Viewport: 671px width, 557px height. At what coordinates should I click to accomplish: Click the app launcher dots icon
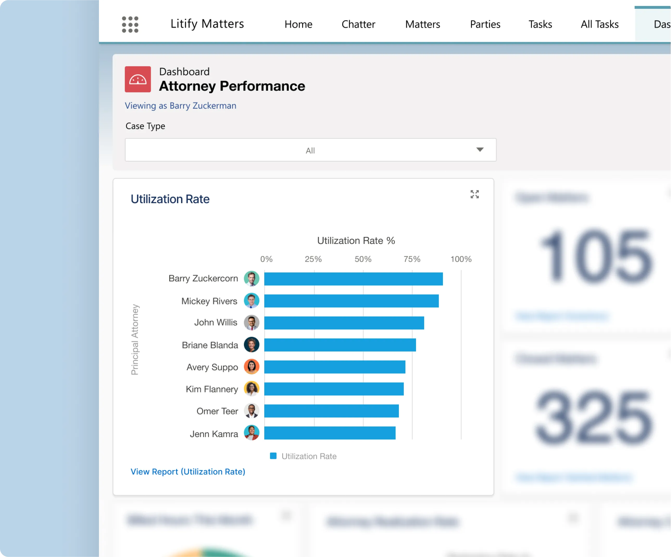(130, 24)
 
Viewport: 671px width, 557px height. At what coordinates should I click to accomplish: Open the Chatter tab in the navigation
(358, 24)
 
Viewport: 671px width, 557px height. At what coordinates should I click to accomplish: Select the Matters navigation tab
(422, 24)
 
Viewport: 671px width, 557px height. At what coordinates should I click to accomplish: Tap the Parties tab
(485, 24)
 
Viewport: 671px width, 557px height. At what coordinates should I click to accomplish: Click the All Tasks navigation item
(599, 24)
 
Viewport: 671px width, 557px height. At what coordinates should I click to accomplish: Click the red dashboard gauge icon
(138, 79)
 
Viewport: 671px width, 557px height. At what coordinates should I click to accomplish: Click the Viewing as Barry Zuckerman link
(180, 106)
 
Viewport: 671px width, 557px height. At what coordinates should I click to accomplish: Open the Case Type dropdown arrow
(480, 150)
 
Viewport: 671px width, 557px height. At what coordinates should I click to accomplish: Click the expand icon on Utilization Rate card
(474, 194)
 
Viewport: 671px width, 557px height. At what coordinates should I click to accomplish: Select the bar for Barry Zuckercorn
(353, 279)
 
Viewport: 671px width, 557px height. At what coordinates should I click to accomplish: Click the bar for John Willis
(344, 323)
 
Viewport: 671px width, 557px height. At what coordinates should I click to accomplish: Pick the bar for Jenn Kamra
(329, 433)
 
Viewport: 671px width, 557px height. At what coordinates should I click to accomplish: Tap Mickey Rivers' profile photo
(252, 301)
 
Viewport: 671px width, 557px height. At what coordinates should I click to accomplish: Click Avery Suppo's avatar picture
(252, 367)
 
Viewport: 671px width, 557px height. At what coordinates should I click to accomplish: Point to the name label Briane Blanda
(210, 345)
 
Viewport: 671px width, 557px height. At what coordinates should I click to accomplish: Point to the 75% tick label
(412, 259)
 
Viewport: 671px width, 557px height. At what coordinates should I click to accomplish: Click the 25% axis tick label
(313, 259)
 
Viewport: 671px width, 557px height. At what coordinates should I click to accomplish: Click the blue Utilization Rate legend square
(273, 456)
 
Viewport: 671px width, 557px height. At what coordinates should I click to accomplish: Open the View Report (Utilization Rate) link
(188, 471)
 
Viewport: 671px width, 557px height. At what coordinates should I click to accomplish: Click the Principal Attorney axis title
(135, 339)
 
